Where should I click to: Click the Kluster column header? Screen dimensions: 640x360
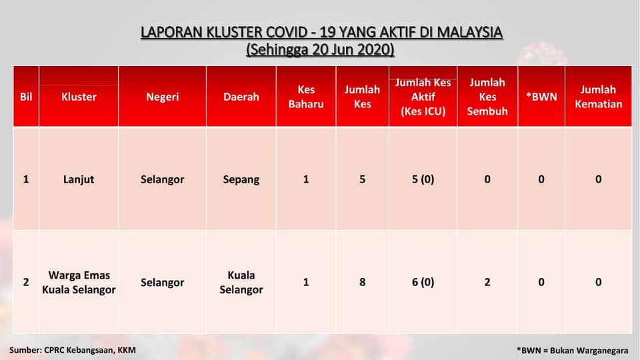click(x=79, y=97)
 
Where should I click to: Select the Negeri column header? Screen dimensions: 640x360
click(x=163, y=97)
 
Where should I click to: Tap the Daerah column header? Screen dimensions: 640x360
click(x=241, y=97)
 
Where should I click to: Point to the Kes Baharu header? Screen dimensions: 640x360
click(x=306, y=97)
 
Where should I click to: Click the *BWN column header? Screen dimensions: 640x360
click(x=541, y=97)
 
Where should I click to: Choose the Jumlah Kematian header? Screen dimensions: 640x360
click(x=599, y=97)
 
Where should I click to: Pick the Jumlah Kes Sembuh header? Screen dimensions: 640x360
click(x=487, y=97)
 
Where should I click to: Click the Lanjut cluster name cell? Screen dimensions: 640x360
click(x=79, y=179)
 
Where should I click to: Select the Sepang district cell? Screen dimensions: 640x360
click(x=241, y=179)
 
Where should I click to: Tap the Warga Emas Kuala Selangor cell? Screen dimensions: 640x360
click(x=79, y=283)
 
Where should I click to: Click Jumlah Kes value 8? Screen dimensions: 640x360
click(x=363, y=283)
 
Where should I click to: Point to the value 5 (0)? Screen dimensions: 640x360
click(x=423, y=179)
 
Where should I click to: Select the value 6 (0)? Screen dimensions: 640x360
click(x=423, y=283)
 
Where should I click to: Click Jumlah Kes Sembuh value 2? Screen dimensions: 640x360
click(x=487, y=283)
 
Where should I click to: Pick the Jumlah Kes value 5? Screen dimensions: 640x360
click(x=363, y=179)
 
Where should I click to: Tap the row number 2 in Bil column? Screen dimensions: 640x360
click(x=26, y=283)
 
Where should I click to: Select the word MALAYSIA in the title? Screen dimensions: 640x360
click(x=470, y=32)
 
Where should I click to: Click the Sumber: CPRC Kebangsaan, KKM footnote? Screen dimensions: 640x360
click(x=73, y=350)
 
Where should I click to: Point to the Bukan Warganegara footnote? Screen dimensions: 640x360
click(x=589, y=351)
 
